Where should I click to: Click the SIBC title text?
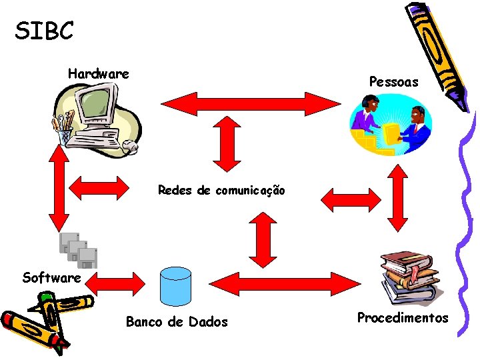(x=44, y=30)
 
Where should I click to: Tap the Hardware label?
(x=98, y=73)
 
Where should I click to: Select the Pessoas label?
(x=393, y=82)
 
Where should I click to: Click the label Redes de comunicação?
(x=221, y=191)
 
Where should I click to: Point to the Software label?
(x=51, y=277)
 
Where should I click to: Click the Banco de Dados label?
(x=177, y=323)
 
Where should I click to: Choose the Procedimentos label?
(x=403, y=318)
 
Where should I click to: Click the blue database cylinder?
(x=176, y=285)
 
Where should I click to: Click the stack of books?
(x=409, y=277)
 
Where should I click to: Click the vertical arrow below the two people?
(x=399, y=197)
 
